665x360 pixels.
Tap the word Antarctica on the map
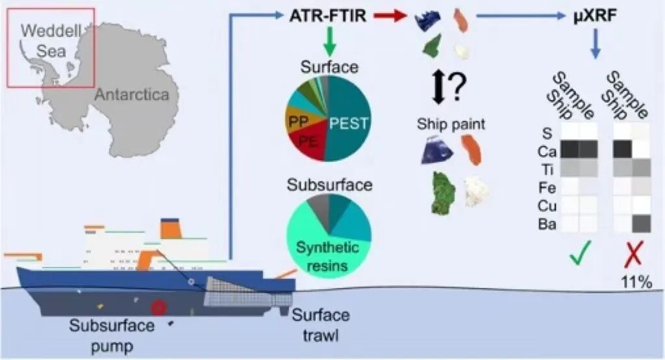(x=132, y=95)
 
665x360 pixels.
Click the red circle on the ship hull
(x=158, y=307)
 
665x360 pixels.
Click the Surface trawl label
(x=320, y=325)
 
